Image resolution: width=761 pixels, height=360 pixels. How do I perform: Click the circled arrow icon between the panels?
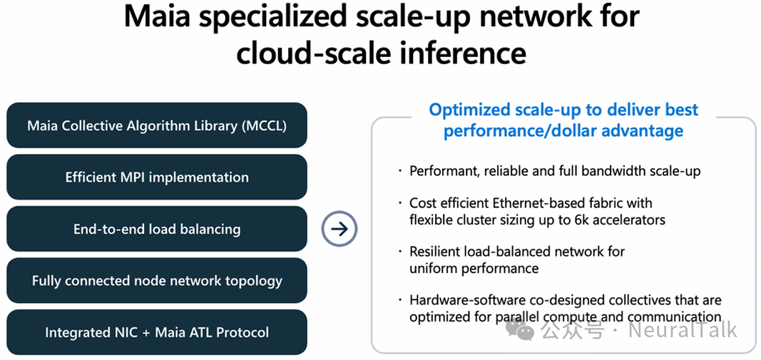(x=339, y=229)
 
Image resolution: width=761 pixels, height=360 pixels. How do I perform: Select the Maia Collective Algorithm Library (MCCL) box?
(x=157, y=125)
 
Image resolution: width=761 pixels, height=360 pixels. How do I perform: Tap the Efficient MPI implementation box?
(x=157, y=178)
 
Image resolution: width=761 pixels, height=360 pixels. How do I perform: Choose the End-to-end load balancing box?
(x=157, y=229)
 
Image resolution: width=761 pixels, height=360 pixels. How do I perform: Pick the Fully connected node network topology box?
(x=157, y=281)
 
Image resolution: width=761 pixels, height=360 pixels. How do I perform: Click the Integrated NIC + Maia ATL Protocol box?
(x=157, y=332)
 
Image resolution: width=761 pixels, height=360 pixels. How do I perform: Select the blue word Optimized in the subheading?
(x=469, y=110)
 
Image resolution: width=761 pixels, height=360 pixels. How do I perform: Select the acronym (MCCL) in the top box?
(x=263, y=125)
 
